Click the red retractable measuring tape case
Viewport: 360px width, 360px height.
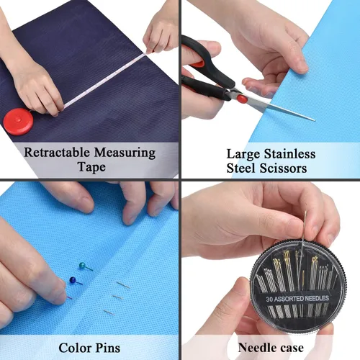point(18,122)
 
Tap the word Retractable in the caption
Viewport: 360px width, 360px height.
point(57,152)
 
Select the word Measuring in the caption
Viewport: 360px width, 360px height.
point(125,153)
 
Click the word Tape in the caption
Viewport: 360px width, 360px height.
point(91,167)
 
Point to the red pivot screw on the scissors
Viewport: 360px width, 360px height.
point(242,99)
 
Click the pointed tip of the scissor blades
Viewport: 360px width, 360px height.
point(314,120)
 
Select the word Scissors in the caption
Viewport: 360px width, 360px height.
point(284,168)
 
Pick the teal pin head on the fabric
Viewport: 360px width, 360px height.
point(82,266)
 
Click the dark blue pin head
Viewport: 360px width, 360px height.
point(72,280)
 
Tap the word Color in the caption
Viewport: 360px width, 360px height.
point(75,348)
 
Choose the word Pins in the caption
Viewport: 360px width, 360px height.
point(108,348)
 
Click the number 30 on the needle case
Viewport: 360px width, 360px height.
point(269,300)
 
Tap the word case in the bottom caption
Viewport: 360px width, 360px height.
point(292,348)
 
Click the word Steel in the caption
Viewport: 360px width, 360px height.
point(242,168)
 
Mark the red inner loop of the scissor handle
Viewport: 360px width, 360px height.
point(198,64)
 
